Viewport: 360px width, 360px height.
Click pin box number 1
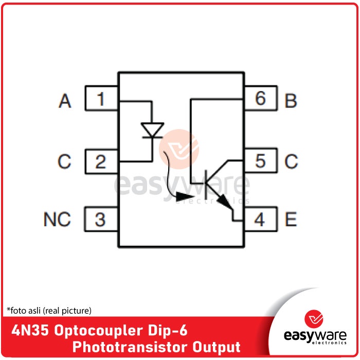click(x=101, y=99)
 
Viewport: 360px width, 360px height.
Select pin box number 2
click(x=101, y=162)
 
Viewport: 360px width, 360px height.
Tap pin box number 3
click(x=101, y=220)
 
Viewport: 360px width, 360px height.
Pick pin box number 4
click(x=260, y=220)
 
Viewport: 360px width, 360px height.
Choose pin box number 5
click(x=260, y=161)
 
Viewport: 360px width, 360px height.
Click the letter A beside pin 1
click(x=65, y=101)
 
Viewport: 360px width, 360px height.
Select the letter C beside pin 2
click(x=64, y=162)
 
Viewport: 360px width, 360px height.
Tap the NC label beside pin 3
click(x=57, y=220)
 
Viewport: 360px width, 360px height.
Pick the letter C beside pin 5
click(x=291, y=162)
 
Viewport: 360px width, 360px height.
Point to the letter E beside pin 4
click(x=291, y=220)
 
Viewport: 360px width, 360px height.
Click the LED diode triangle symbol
click(x=152, y=130)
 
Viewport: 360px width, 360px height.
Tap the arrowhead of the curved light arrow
click(x=184, y=196)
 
